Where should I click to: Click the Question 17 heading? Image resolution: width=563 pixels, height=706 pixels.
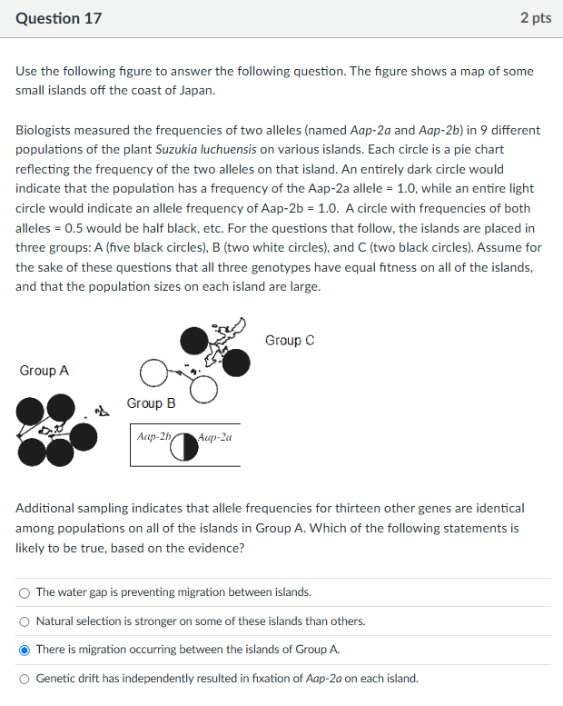[59, 18]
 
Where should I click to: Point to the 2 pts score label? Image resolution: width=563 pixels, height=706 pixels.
[536, 18]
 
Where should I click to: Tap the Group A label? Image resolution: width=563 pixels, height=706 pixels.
[44, 371]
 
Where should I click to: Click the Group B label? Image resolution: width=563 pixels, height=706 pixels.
[151, 403]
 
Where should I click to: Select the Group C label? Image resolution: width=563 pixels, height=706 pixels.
[290, 340]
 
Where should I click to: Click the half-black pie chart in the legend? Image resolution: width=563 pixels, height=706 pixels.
[184, 446]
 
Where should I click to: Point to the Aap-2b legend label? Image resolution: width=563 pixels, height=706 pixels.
[153, 436]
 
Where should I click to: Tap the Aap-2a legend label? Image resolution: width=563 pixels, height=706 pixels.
[214, 436]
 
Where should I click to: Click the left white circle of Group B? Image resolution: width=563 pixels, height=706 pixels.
[153, 374]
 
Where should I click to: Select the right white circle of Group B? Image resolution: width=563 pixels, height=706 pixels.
[204, 389]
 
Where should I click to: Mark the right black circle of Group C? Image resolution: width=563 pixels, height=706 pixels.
[236, 363]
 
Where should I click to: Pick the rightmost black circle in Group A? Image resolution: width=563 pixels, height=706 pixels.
[84, 437]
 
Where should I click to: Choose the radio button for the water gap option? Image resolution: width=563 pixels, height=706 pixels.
[24, 592]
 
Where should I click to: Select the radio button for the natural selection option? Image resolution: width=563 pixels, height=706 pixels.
[24, 621]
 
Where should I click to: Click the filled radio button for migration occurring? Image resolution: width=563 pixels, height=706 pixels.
[24, 650]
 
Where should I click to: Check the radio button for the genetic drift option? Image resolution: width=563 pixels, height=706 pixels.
[24, 678]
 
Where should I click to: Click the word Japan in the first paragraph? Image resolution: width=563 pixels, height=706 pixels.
[197, 90]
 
